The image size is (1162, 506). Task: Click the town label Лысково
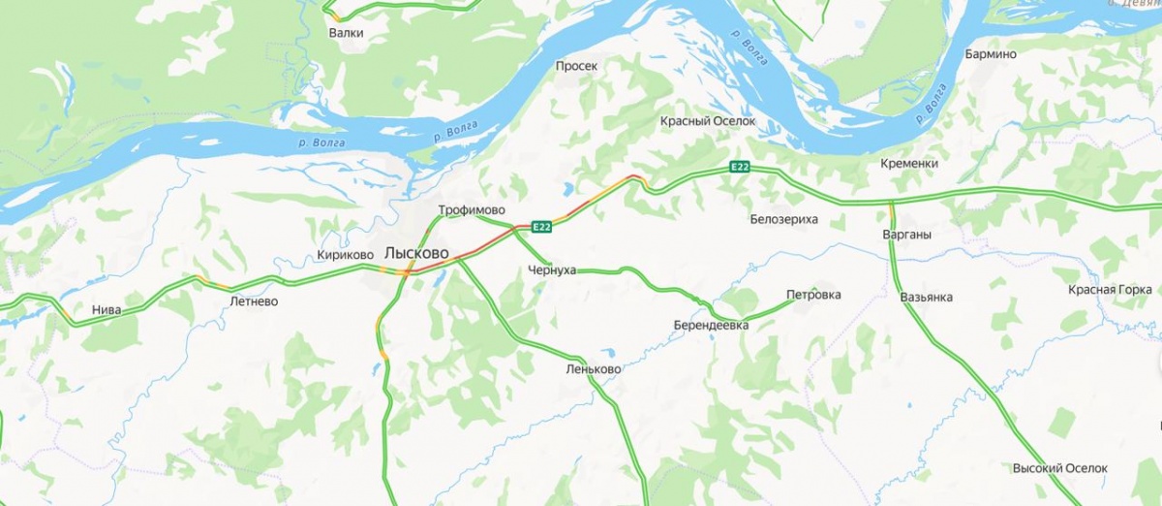(x=416, y=252)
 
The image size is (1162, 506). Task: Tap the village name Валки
(x=346, y=33)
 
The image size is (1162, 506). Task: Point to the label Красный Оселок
(x=707, y=121)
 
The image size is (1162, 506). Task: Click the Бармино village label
(x=991, y=54)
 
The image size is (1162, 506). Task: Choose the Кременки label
(x=909, y=164)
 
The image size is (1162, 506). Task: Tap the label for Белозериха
(x=783, y=219)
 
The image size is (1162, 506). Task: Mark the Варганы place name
(x=906, y=235)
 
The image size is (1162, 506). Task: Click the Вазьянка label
(x=926, y=297)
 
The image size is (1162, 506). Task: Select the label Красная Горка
(x=1110, y=290)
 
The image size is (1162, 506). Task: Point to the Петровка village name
(x=813, y=295)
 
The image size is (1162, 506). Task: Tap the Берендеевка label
(x=712, y=326)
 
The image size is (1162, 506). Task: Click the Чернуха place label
(x=551, y=270)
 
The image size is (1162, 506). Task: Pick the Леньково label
(x=593, y=369)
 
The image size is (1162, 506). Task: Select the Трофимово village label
(x=473, y=210)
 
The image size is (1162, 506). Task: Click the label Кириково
(x=345, y=255)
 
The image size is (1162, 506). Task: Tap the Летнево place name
(x=254, y=301)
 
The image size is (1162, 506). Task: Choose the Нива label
(x=107, y=310)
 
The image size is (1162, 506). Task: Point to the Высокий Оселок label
(x=1059, y=468)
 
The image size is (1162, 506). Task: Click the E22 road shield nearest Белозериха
(x=740, y=168)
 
